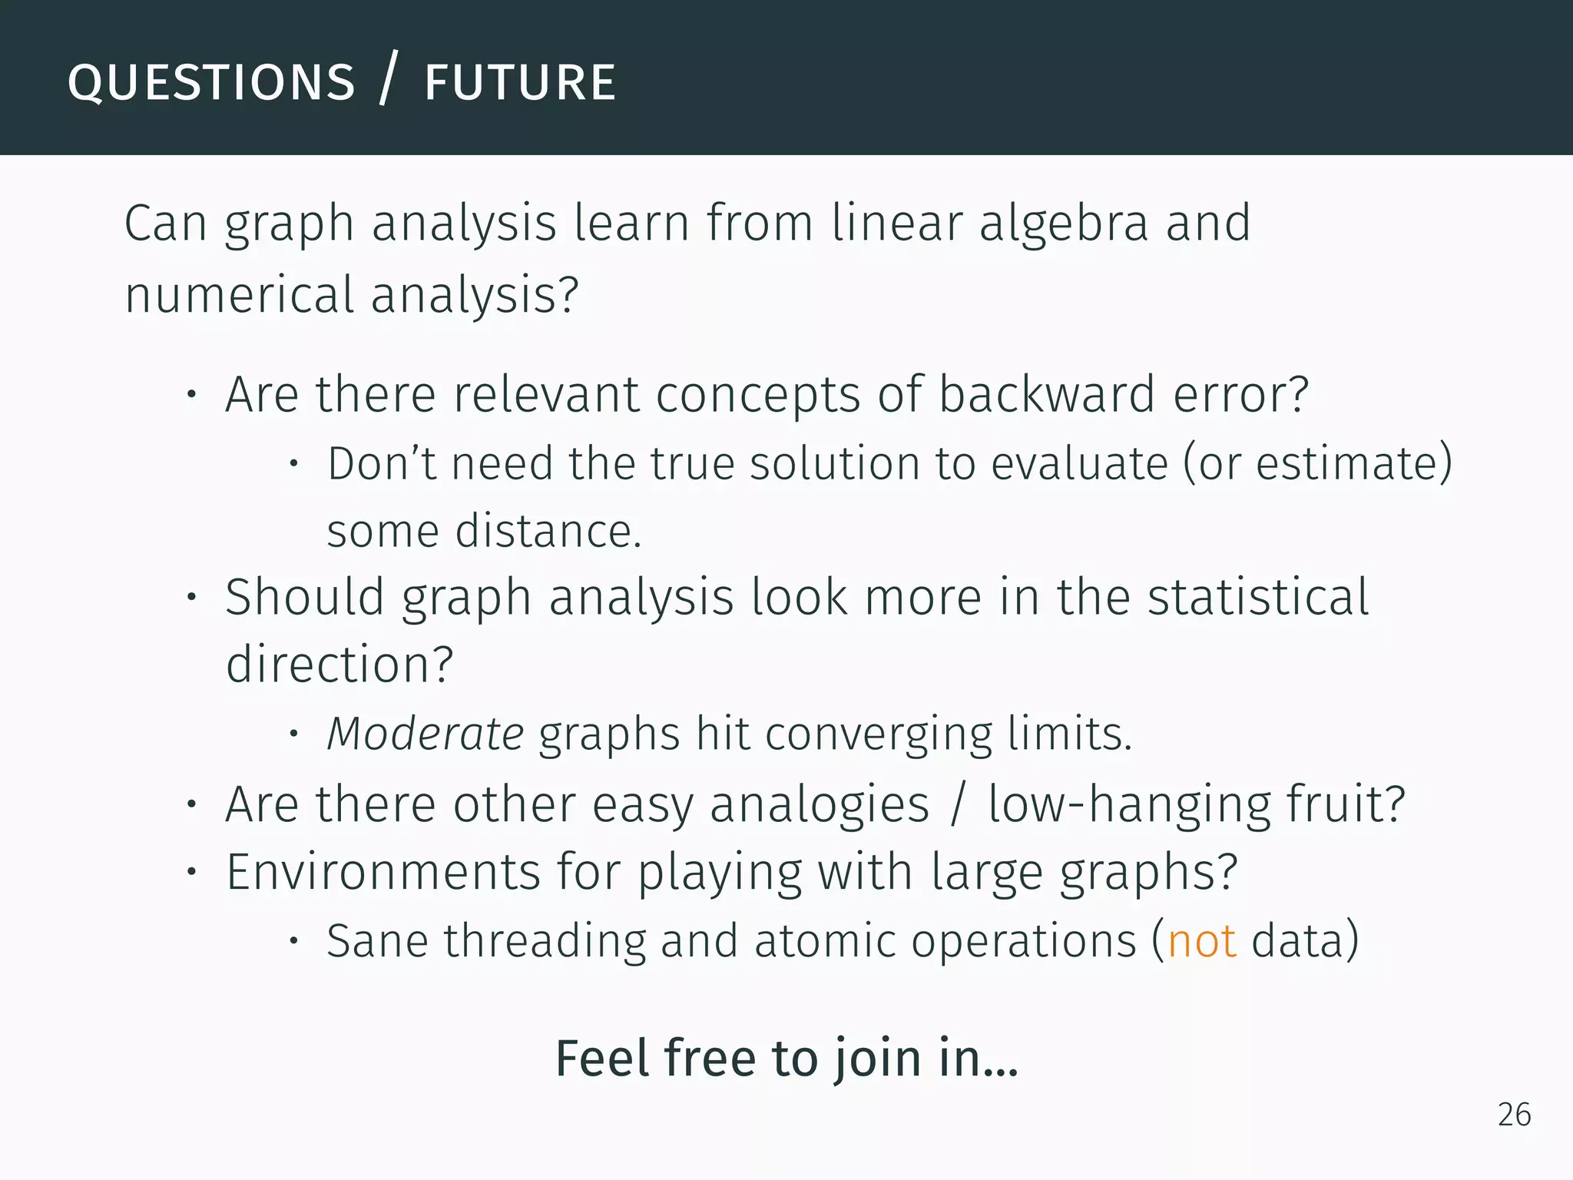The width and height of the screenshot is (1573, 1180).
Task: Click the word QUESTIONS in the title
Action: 211,83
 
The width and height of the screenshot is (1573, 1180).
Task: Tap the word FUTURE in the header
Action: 520,83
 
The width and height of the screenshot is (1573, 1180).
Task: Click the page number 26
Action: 1514,1115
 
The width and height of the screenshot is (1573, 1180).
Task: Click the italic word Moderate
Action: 425,733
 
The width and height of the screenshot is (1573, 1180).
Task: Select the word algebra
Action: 1063,223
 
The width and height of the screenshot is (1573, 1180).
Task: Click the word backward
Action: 1047,394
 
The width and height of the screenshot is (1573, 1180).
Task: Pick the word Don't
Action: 381,463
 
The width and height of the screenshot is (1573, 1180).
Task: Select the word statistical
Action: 1257,597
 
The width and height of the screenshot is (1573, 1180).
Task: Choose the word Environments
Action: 383,872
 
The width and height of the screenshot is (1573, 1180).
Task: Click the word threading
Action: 545,942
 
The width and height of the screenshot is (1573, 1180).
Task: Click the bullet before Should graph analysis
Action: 192,598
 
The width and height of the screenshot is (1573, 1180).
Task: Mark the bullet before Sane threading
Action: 293,941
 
